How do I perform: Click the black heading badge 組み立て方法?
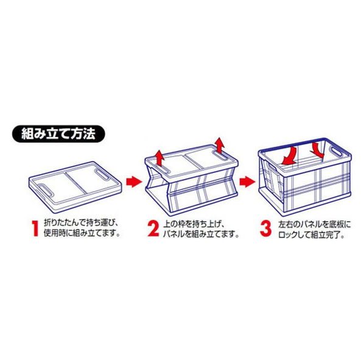tap(58, 134)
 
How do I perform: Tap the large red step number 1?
tap(35, 229)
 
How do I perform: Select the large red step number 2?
tap(153, 229)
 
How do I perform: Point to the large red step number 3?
tap(265, 229)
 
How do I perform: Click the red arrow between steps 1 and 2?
tap(134, 181)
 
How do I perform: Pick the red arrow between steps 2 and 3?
tap(247, 181)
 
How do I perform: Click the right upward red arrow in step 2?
tap(219, 145)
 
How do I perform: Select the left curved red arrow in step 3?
tap(289, 156)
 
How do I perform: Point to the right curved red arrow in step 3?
tap(318, 150)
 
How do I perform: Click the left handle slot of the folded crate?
tap(46, 190)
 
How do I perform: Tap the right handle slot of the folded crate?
tap(102, 174)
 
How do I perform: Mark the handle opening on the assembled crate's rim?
tap(337, 151)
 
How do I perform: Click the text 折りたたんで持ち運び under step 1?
tap(79, 223)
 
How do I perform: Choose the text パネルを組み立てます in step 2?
tap(198, 234)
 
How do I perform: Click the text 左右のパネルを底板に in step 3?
tap(315, 225)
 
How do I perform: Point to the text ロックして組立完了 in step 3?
tap(308, 235)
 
